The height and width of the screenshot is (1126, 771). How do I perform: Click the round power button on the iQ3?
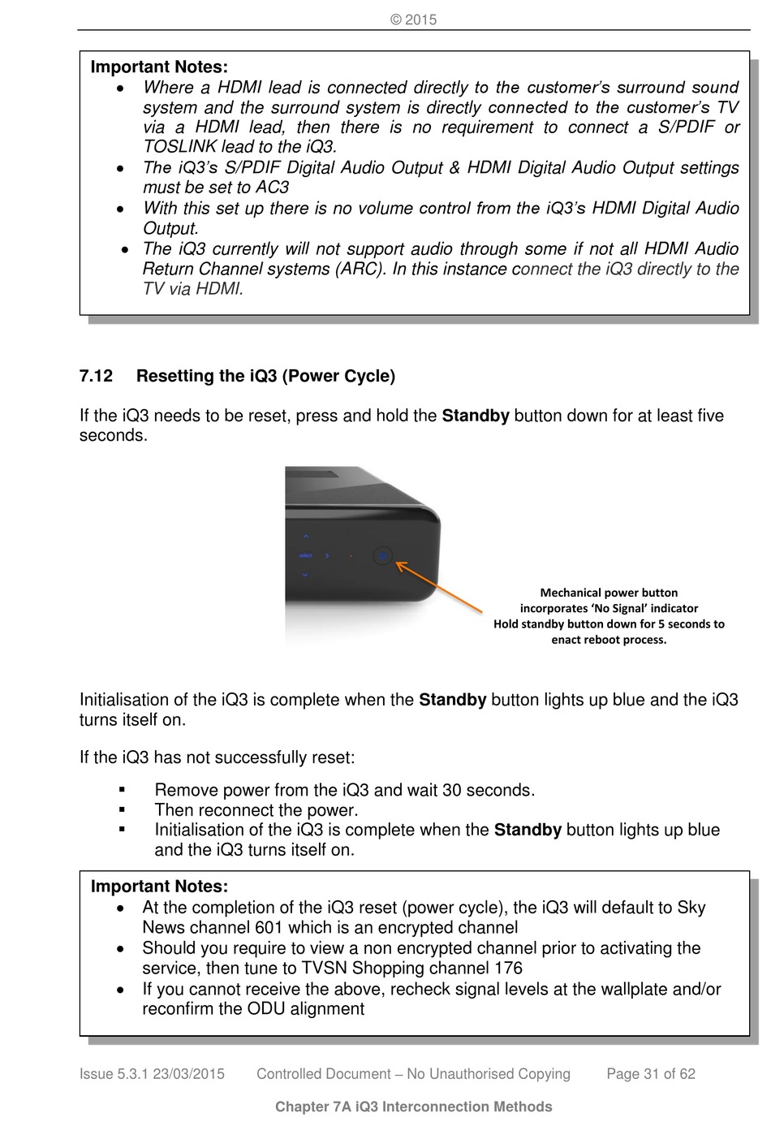pos(383,556)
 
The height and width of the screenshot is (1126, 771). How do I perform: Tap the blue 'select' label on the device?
pos(306,556)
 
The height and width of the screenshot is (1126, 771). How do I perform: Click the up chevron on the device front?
pos(305,537)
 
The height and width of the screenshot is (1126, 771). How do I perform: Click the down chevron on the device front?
pos(305,575)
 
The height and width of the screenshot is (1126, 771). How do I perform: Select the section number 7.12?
pos(96,377)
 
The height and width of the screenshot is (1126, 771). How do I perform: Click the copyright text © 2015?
pos(413,19)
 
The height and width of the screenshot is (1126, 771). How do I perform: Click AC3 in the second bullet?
pos(271,188)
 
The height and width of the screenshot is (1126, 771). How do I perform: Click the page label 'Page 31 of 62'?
pos(651,1074)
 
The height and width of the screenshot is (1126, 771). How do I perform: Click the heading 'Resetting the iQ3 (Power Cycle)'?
pos(265,377)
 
